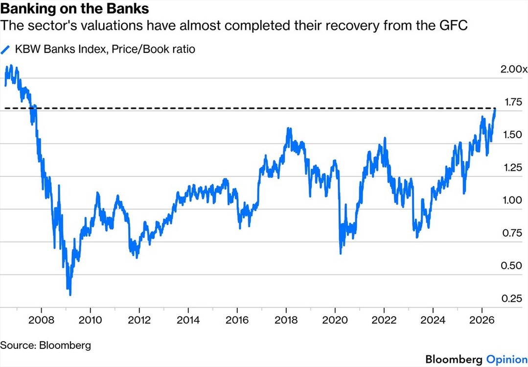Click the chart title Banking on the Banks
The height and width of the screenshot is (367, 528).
74,8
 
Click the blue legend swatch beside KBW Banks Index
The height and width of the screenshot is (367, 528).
6,50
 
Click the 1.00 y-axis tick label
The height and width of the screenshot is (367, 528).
512,200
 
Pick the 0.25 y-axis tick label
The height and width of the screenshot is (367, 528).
512,298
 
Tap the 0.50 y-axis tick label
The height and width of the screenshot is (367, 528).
512,266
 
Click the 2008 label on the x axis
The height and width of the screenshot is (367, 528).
41,320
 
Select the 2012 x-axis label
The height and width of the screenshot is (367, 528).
139,320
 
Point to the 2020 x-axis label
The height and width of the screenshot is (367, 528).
335,320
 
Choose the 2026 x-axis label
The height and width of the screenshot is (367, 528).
482,320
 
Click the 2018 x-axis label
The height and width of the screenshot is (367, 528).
286,320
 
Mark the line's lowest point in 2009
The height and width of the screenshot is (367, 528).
70,294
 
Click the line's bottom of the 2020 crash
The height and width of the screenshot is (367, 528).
341,253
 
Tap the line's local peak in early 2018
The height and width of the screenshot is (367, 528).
288,128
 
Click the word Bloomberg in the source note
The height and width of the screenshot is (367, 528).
65,345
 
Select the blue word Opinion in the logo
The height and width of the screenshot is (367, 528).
507,360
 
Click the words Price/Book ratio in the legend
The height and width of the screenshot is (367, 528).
153,49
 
